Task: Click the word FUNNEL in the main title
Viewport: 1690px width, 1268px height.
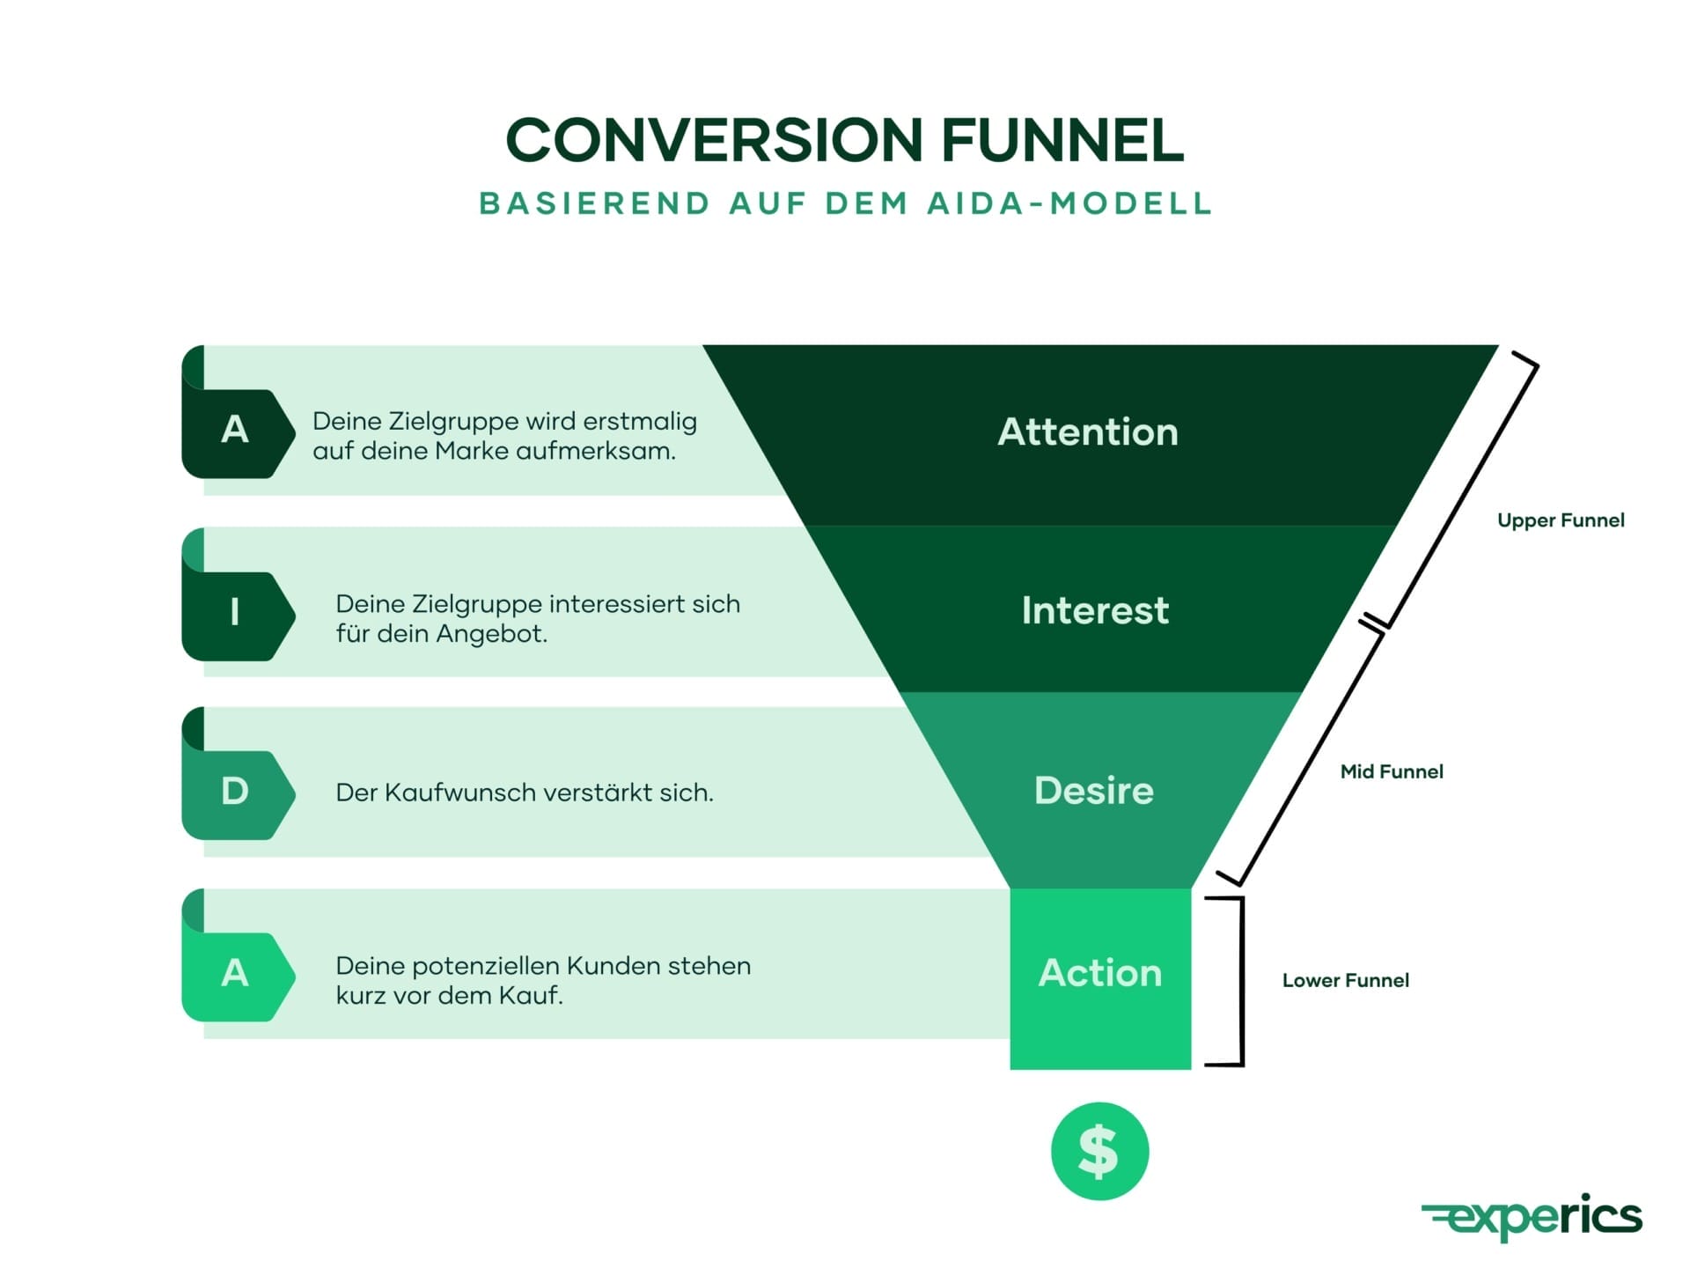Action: click(x=1062, y=141)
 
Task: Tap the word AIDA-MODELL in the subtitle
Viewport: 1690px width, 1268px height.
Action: click(x=1069, y=204)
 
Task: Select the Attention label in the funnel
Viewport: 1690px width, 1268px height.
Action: click(x=1087, y=432)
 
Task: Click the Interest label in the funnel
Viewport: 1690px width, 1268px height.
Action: click(x=1094, y=610)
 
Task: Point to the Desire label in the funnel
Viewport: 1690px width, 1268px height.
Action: click(x=1093, y=791)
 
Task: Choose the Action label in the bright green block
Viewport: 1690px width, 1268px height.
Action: click(x=1099, y=973)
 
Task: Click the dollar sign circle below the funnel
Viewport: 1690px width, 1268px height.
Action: click(x=1099, y=1151)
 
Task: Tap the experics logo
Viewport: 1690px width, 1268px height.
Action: click(x=1532, y=1217)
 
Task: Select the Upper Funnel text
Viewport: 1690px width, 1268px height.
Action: click(x=1560, y=520)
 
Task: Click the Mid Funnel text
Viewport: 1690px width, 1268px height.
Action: click(x=1391, y=772)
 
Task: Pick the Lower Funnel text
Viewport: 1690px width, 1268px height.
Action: click(x=1345, y=981)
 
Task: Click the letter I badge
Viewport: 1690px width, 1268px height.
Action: click(x=235, y=612)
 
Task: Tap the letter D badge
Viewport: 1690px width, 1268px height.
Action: click(x=235, y=792)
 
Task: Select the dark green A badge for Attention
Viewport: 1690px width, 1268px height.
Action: click(x=235, y=431)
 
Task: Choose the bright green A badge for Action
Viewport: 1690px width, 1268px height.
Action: click(x=235, y=974)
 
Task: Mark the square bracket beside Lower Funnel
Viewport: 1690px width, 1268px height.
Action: click(x=1239, y=982)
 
